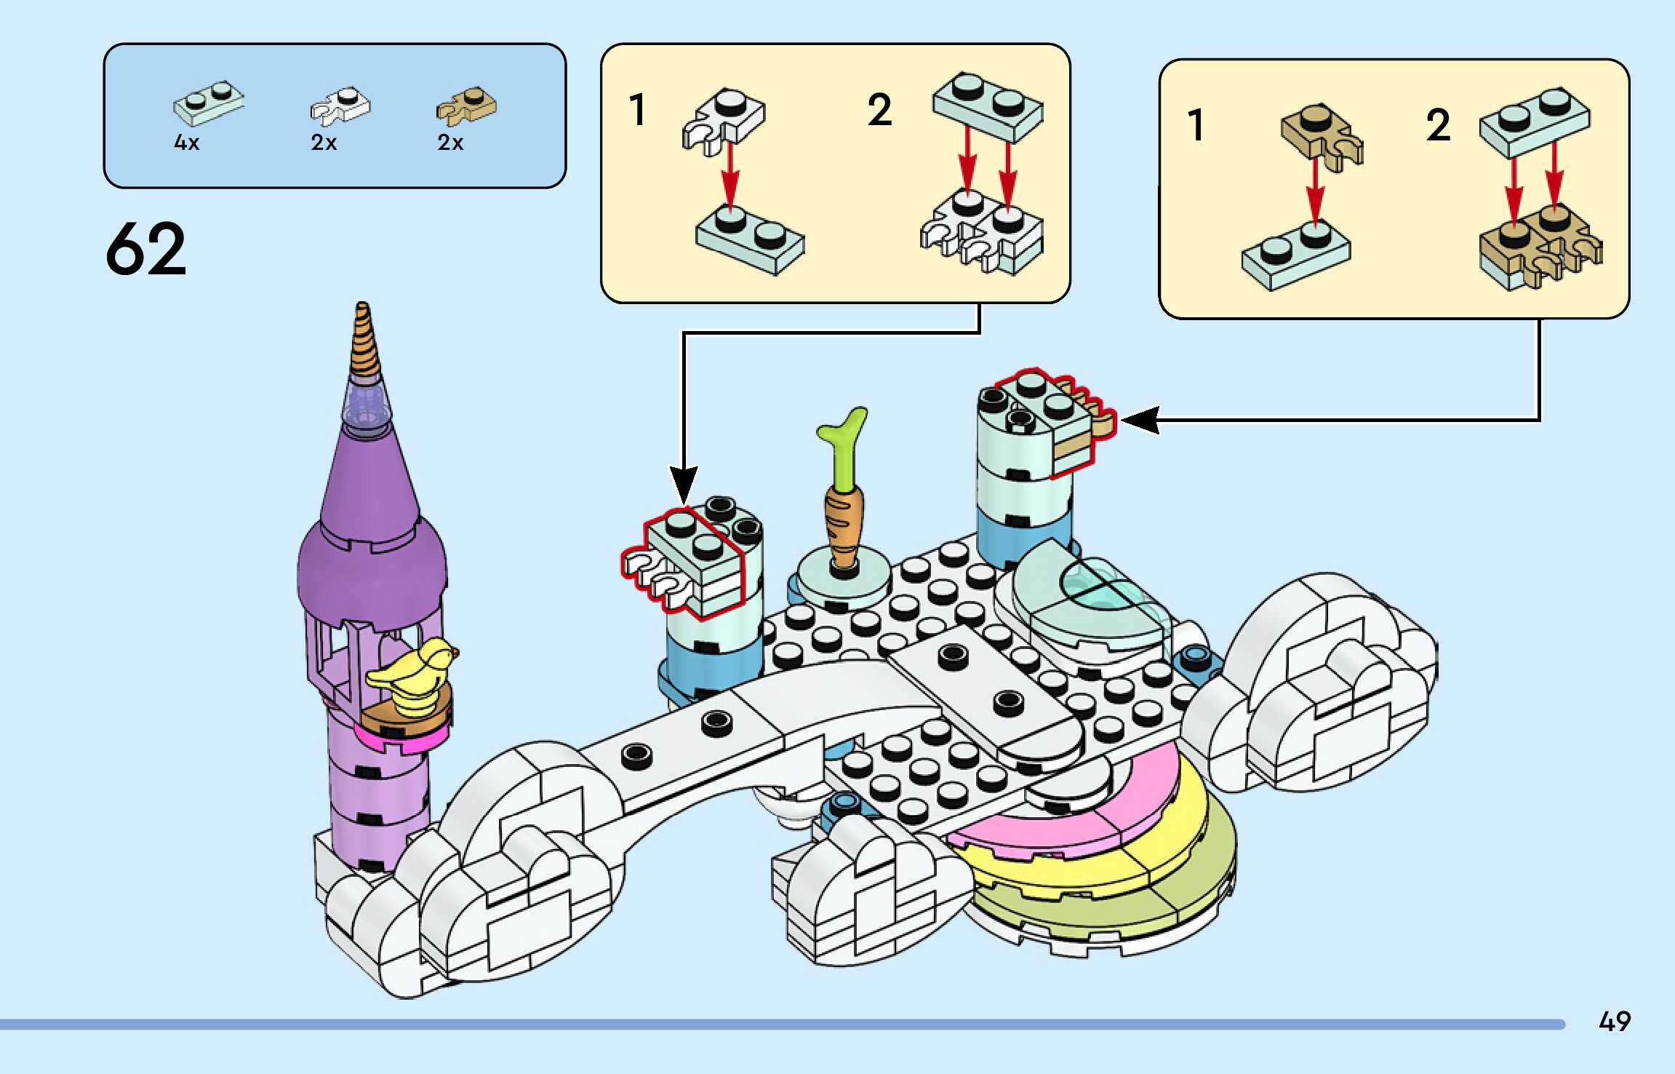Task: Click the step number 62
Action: coord(146,249)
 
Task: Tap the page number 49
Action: coord(1614,1022)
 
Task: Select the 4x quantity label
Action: coord(186,143)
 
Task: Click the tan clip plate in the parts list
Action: coord(466,106)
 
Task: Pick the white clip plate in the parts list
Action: coord(340,106)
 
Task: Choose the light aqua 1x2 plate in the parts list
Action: coord(209,103)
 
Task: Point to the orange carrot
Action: coord(844,525)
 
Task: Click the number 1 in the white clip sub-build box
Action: coord(638,110)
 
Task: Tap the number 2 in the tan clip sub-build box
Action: coord(1438,125)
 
